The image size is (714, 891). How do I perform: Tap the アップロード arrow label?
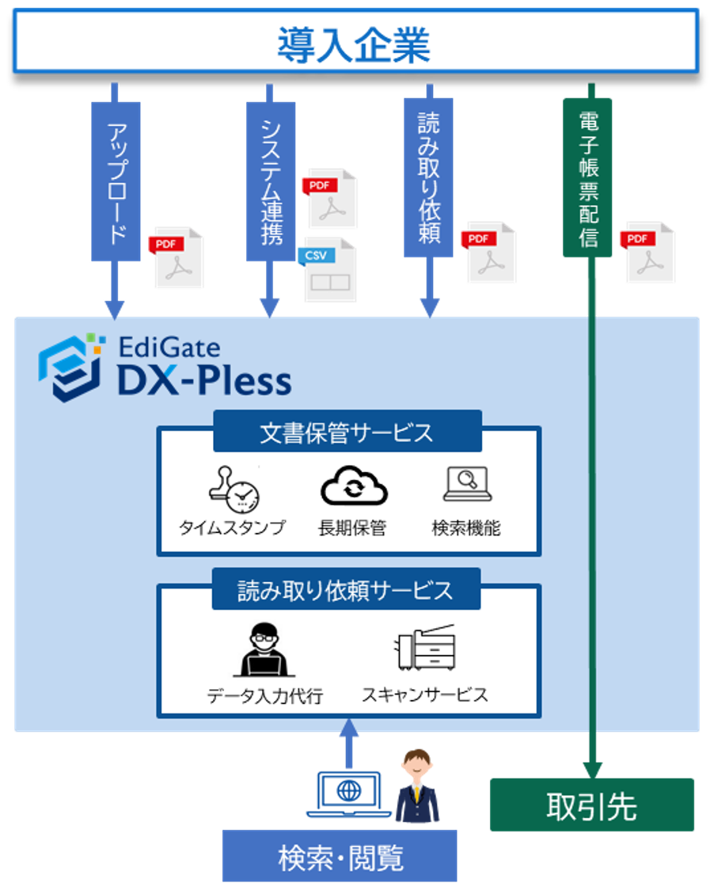pos(116,181)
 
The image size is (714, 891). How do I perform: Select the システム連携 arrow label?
pos(269,181)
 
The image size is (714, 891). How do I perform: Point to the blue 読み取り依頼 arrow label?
pos(428,177)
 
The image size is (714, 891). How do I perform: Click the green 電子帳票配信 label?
pos(587,177)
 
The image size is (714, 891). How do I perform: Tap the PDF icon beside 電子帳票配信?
pos(650,253)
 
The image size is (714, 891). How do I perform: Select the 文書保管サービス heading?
pos(347,432)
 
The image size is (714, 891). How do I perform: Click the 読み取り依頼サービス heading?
pos(346,590)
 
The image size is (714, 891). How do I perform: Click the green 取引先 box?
pos(591,805)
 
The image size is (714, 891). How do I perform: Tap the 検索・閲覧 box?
pos(340,857)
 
